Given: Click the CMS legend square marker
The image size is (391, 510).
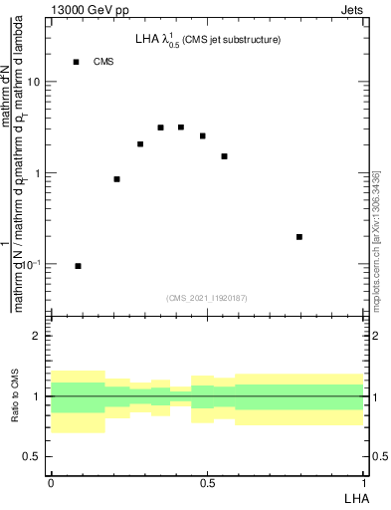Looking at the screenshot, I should tap(76, 62).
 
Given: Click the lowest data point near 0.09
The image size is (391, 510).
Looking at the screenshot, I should tap(78, 266).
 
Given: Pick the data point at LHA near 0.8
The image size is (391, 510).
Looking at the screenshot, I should tap(299, 237).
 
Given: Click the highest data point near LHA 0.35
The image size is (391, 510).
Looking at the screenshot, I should tap(160, 127).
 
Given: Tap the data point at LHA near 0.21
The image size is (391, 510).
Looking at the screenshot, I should tap(116, 179).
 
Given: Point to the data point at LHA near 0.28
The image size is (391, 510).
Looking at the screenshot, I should tap(140, 144).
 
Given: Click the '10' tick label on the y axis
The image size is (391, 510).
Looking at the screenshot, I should tap(34, 83).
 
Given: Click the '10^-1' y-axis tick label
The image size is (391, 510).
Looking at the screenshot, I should tap(32, 264).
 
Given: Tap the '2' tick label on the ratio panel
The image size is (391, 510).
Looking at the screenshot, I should tap(38, 337).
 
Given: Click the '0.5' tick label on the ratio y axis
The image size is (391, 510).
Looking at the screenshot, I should tap(33, 456).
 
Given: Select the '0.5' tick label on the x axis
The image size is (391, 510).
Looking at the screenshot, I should tap(207, 483).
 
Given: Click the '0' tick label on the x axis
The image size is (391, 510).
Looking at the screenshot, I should tap(51, 483).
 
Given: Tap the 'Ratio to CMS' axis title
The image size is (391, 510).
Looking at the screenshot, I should tap(15, 396).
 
